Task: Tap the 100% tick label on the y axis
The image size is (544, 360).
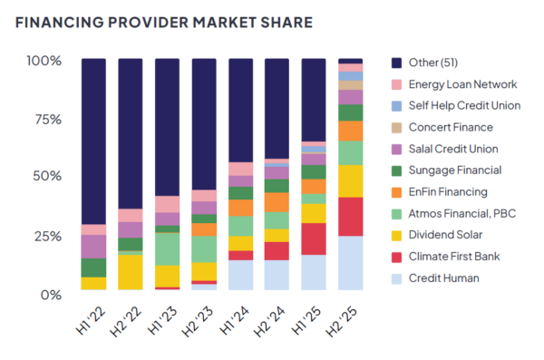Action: [44, 61]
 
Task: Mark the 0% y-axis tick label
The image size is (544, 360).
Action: [50, 294]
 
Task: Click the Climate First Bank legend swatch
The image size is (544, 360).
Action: [395, 257]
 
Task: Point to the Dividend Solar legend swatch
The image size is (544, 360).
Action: [395, 235]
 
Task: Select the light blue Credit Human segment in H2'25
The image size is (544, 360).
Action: [350, 263]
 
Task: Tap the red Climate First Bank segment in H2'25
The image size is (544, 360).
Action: [350, 217]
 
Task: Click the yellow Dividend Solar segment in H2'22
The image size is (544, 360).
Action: [131, 272]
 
